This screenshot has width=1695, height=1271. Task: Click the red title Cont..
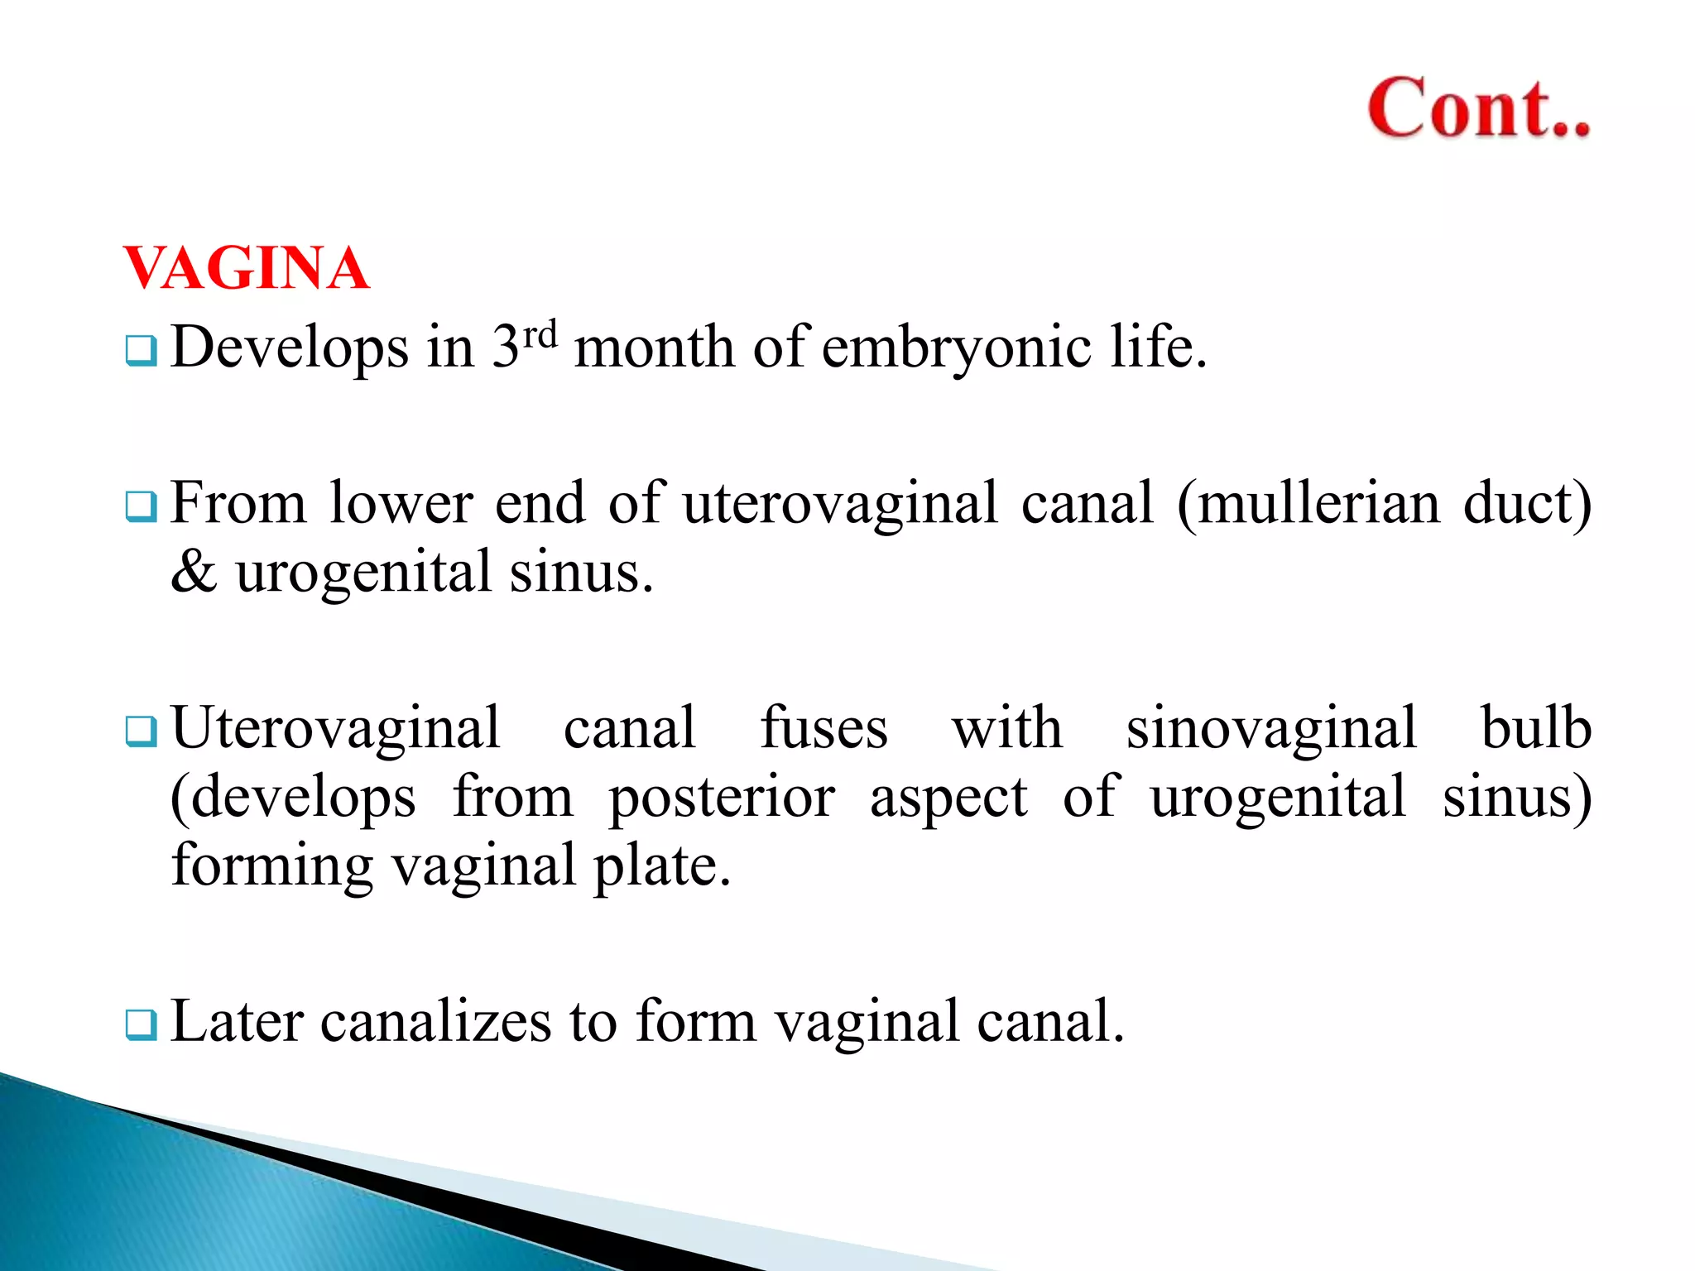(1478, 108)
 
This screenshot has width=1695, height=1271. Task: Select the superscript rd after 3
(540, 333)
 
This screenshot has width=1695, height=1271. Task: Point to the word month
(654, 347)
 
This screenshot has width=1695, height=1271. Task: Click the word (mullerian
(1308, 503)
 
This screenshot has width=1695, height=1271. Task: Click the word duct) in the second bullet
(1527, 503)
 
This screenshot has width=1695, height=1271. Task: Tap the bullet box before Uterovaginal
(141, 731)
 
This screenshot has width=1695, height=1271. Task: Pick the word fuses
(823, 728)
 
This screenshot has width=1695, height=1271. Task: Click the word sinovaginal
(1272, 728)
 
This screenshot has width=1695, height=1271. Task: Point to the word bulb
(1536, 728)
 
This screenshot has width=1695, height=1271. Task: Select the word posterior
(722, 799)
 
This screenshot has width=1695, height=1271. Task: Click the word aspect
(948, 799)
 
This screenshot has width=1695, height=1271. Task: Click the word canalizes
(435, 1021)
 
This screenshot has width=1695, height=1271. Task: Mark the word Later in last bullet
(237, 1021)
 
